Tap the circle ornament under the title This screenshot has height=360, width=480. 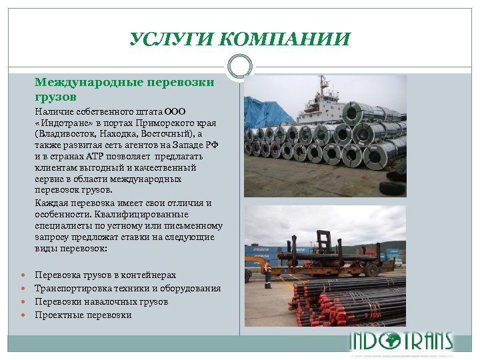pos(239,67)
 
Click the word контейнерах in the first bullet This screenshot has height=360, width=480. pos(151,275)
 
